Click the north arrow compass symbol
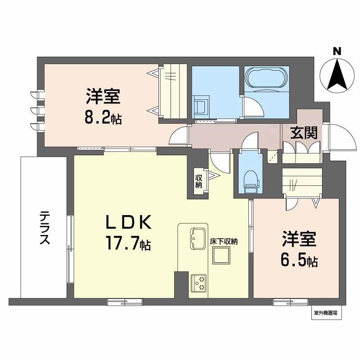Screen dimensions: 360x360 click(x=337, y=75)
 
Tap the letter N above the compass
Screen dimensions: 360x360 click(x=337, y=51)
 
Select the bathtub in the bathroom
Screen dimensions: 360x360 click(x=265, y=78)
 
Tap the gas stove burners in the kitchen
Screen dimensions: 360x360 click(x=198, y=283)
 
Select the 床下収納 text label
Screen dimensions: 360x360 click(x=223, y=241)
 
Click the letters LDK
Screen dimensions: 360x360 click(x=130, y=223)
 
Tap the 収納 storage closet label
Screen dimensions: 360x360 click(x=198, y=180)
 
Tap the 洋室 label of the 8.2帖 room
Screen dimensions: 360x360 click(x=103, y=97)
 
